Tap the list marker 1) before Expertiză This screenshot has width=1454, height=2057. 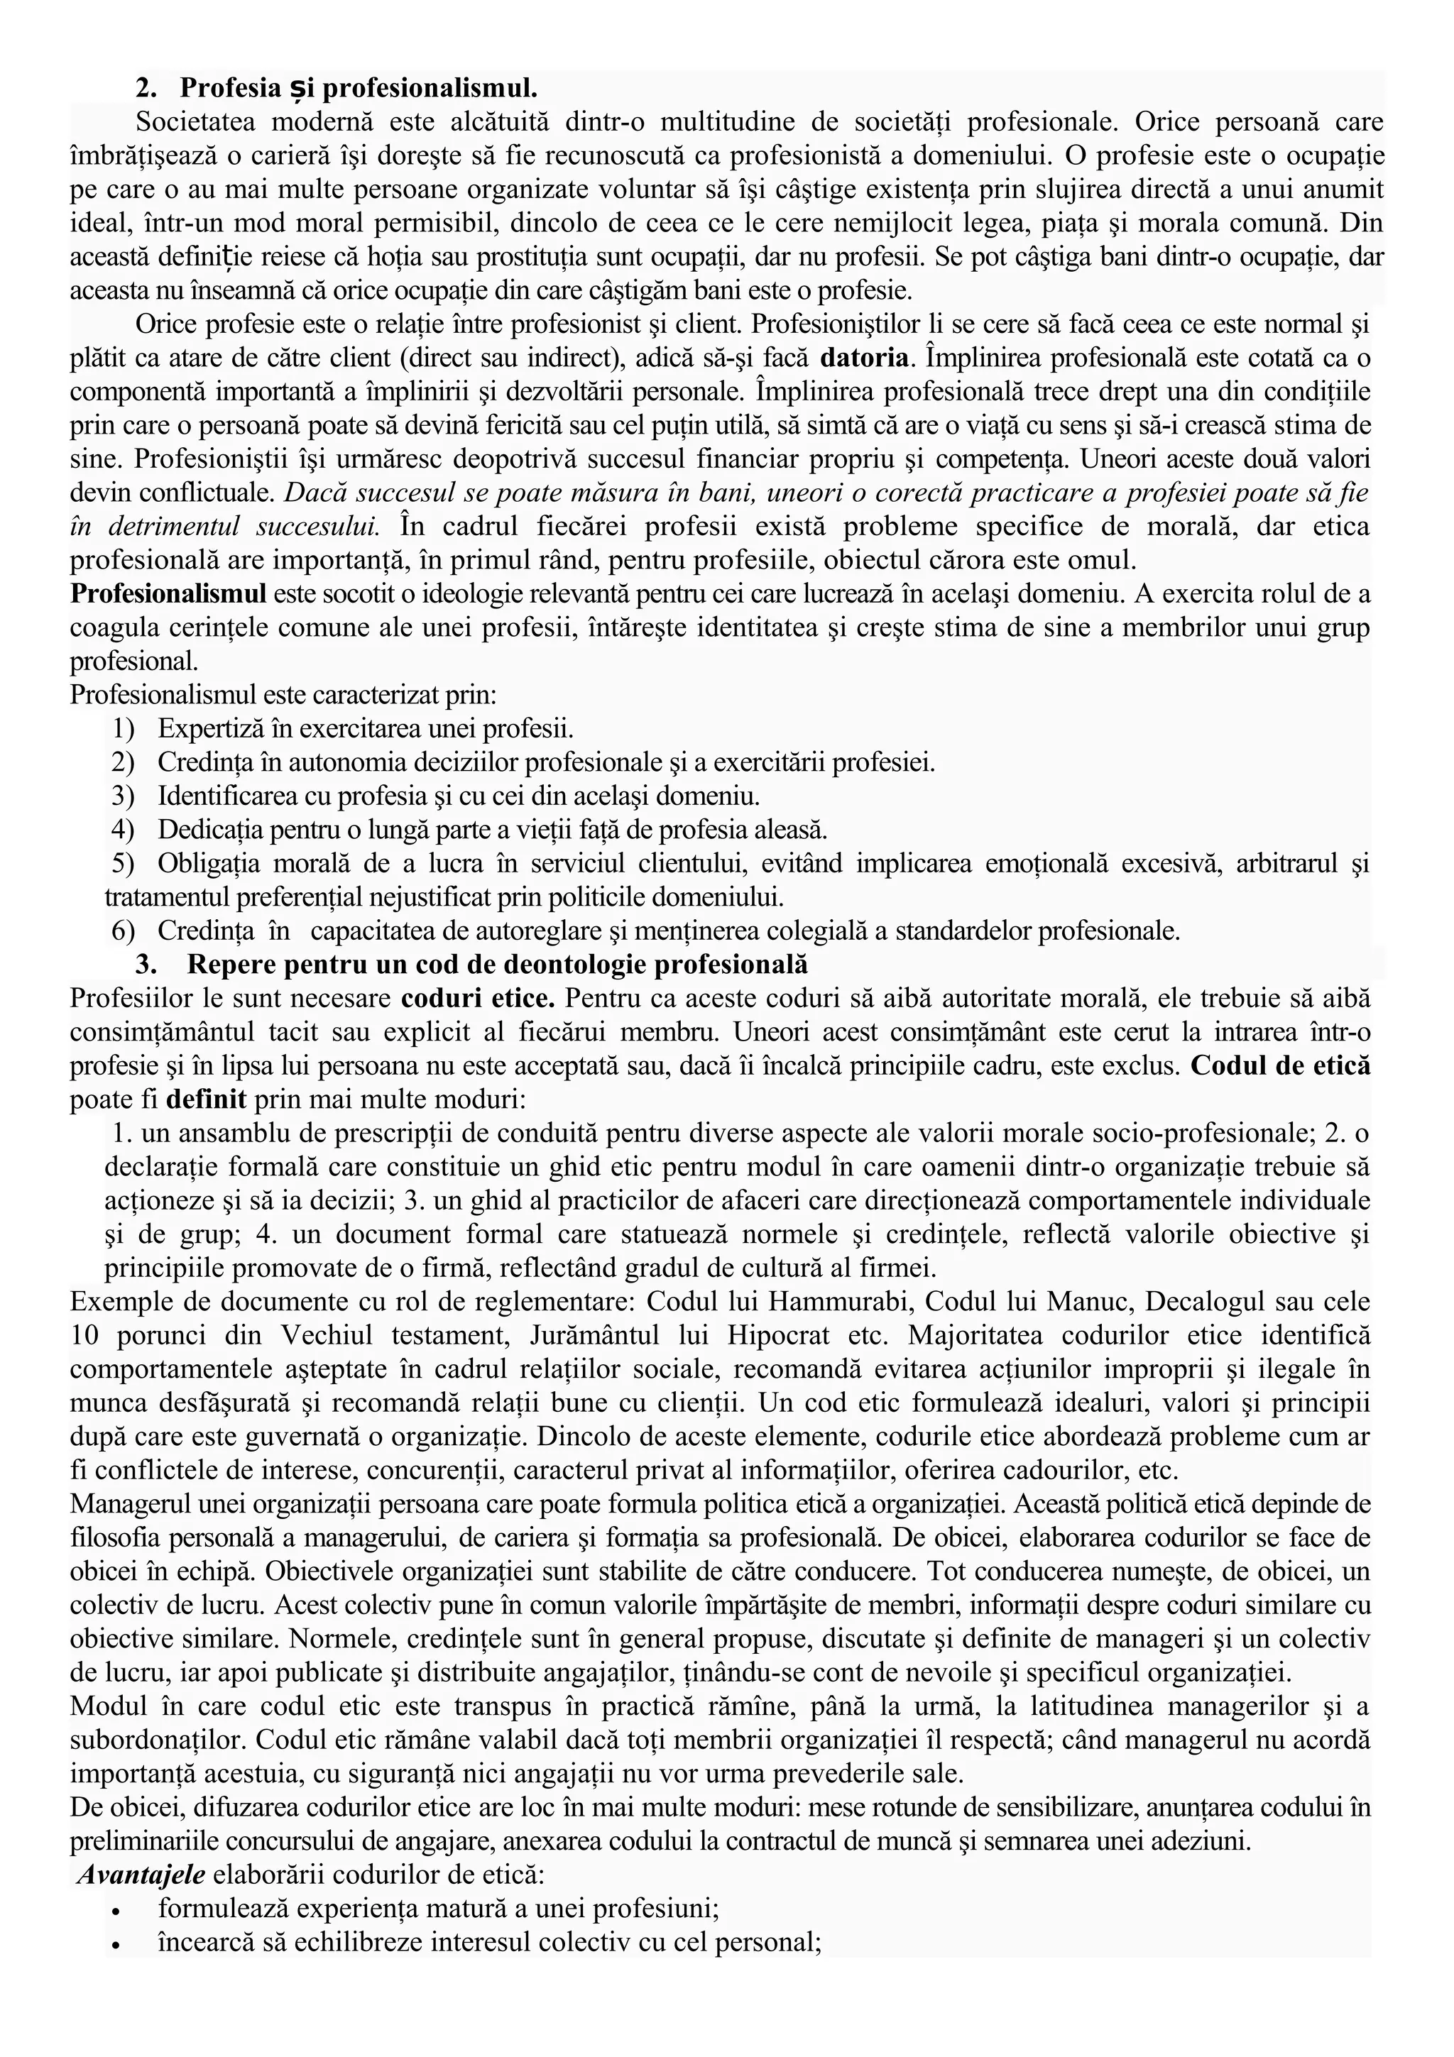124,728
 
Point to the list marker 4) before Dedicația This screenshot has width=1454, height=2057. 124,830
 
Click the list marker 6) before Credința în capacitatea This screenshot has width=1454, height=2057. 124,931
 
